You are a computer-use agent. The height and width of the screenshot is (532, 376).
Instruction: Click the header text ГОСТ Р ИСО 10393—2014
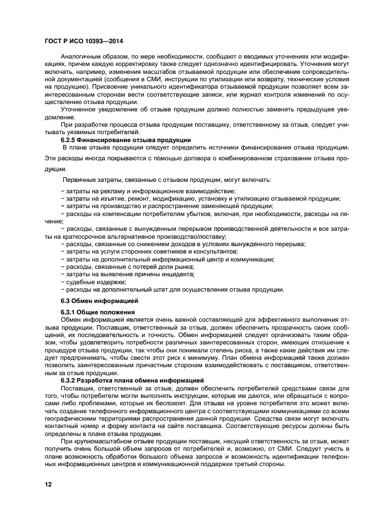[x=84, y=42]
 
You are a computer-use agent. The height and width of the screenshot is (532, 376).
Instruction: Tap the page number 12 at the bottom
[x=48, y=484]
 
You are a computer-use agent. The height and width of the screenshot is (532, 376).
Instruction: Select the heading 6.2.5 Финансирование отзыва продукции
[x=125, y=139]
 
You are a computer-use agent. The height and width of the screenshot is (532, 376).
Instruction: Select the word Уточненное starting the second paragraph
[x=81, y=109]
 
